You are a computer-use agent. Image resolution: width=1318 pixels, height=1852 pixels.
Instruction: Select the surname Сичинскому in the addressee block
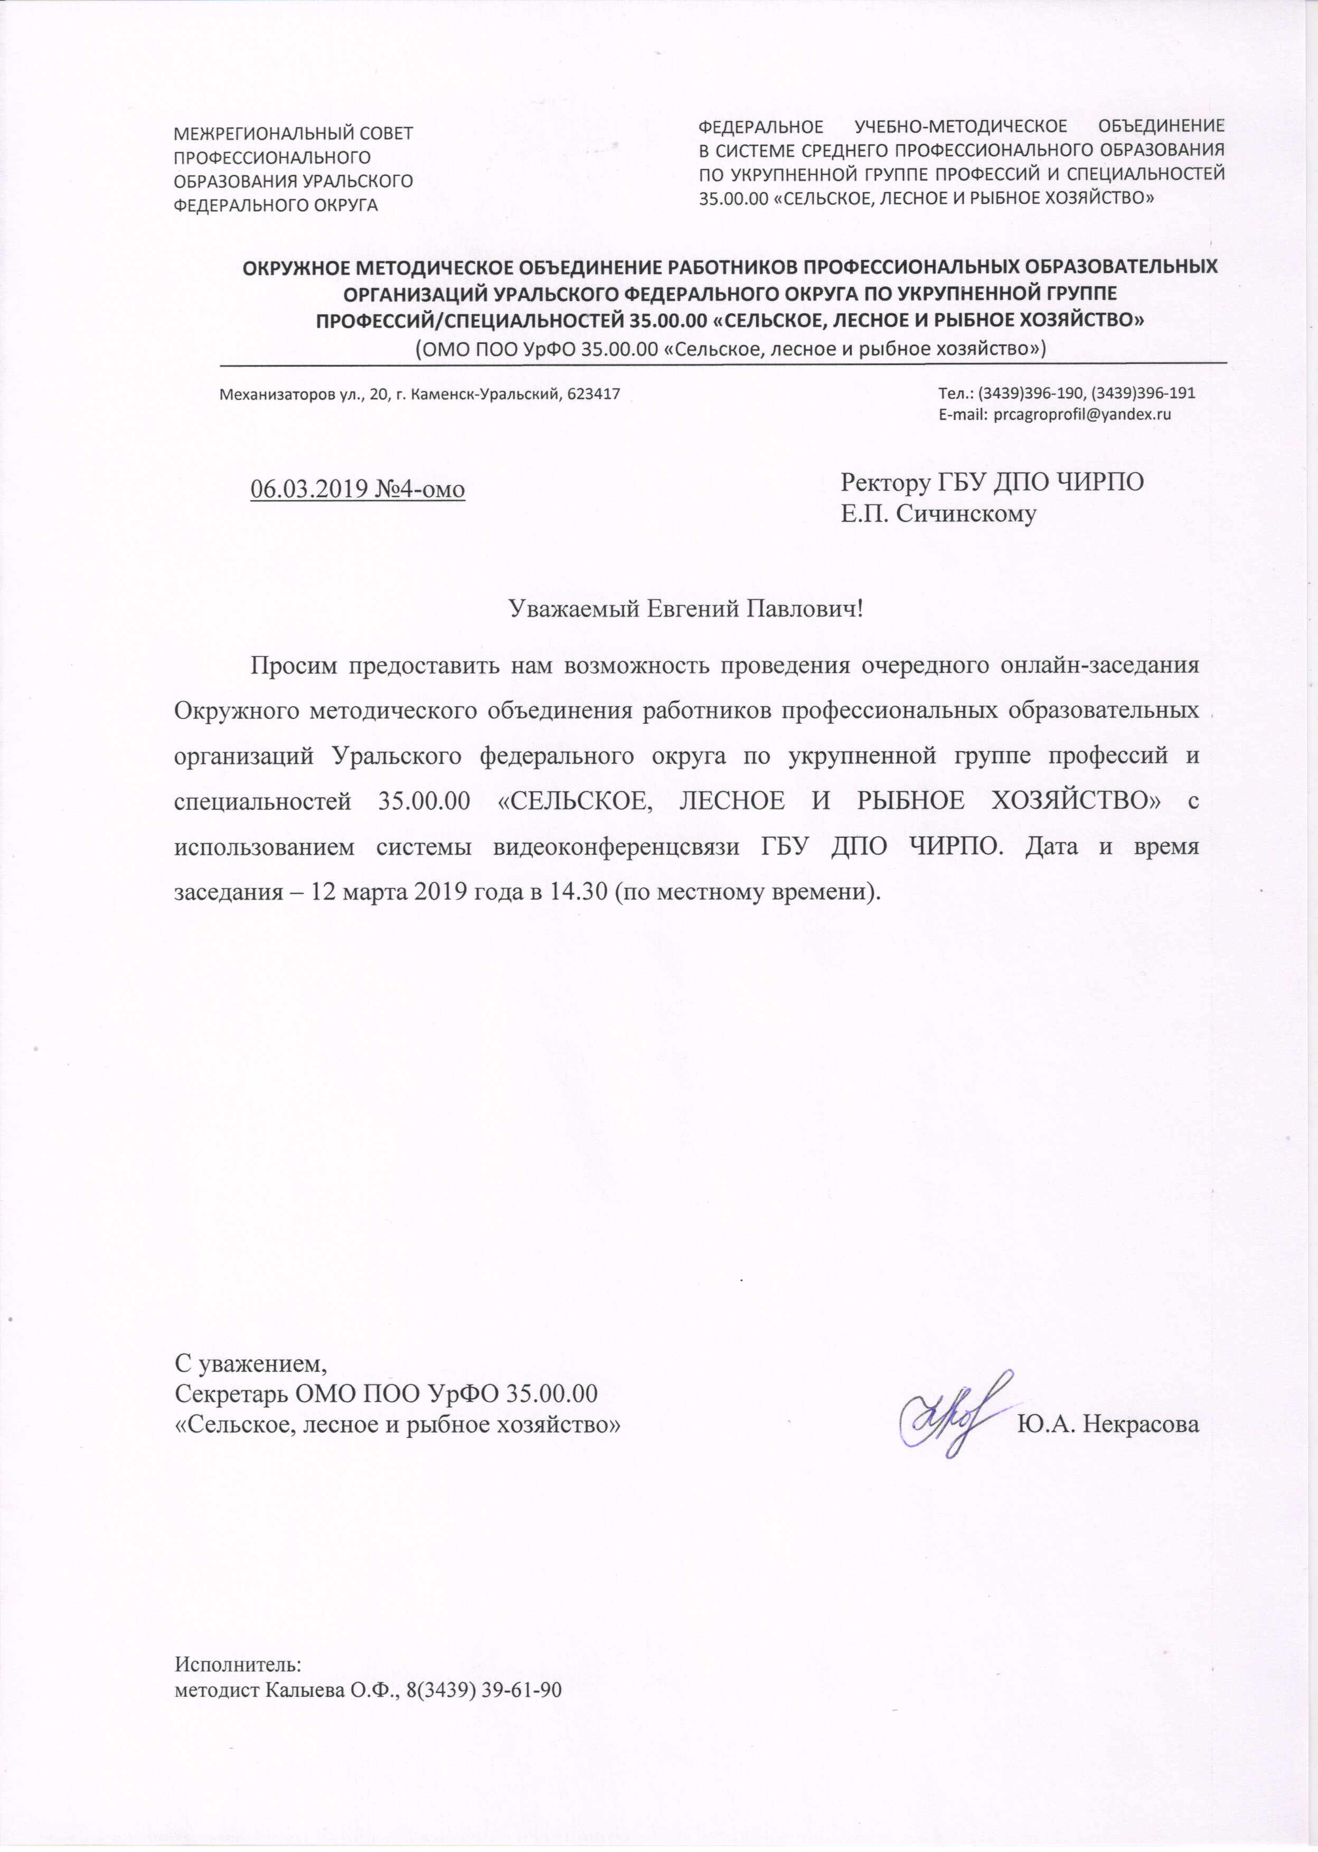pyautogui.click(x=967, y=514)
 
